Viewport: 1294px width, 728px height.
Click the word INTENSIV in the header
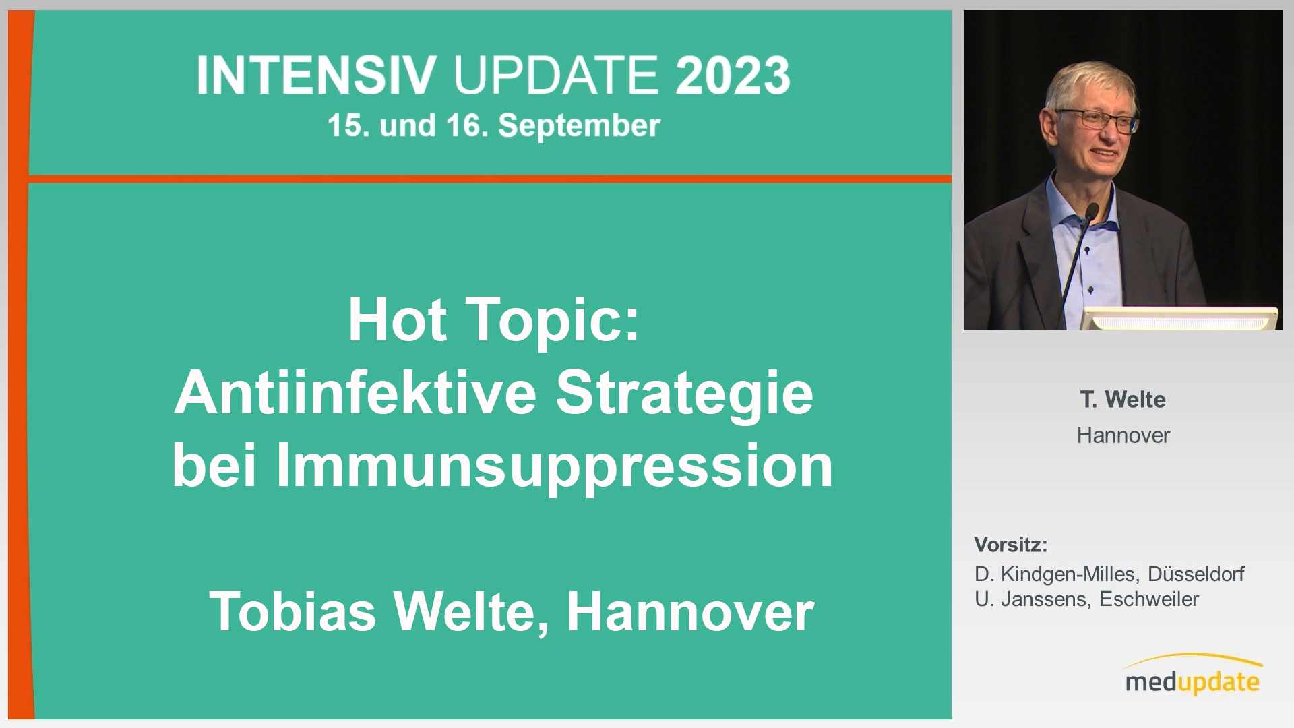pos(317,75)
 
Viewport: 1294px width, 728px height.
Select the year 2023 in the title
pos(733,75)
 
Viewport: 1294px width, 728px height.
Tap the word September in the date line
pos(579,126)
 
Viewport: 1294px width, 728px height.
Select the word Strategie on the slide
pos(685,395)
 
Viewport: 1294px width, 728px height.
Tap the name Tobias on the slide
pos(292,611)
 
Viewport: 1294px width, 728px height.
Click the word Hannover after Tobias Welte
pos(691,611)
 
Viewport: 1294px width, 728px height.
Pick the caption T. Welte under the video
pos(1123,399)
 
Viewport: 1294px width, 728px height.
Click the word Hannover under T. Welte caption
pos(1123,435)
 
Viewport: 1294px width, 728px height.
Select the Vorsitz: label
pos(1011,544)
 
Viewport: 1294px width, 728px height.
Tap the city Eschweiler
pos(1149,599)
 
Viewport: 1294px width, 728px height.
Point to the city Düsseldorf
pos(1196,574)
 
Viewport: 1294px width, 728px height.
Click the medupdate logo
pos(1192,676)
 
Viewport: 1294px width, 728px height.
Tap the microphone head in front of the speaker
pos(1092,211)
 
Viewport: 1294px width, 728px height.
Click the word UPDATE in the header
pos(556,75)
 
